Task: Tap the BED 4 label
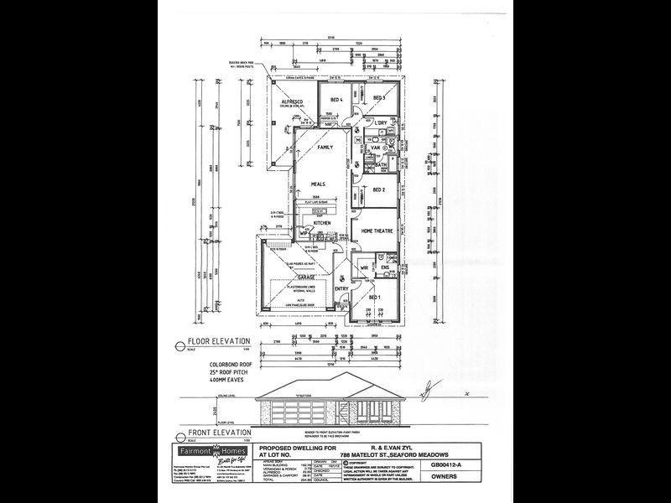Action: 338,101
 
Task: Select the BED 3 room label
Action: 378,99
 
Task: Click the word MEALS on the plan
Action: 318,184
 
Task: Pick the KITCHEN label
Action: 323,223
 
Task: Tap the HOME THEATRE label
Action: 377,231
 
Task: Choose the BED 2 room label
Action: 378,189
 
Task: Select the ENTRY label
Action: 341,289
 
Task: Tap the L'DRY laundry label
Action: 380,123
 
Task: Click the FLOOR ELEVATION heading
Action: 219,341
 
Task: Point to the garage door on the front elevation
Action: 289,413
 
